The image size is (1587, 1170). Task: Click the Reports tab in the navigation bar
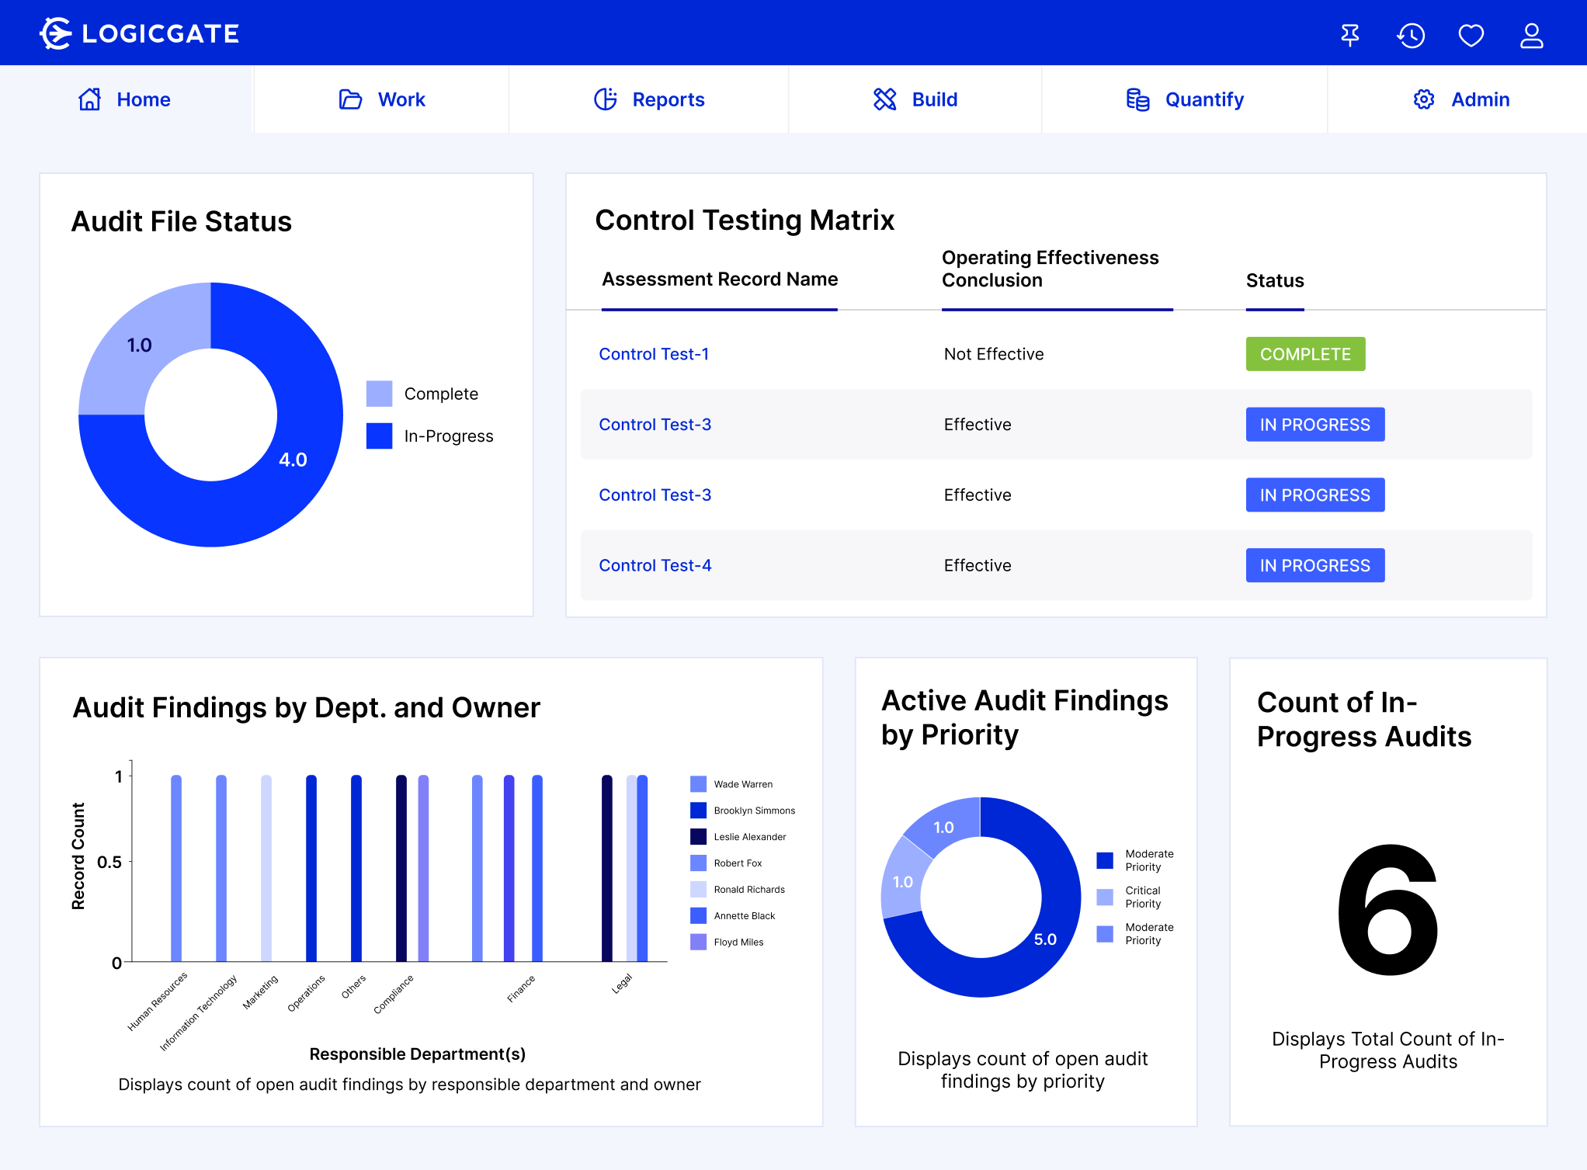coord(650,99)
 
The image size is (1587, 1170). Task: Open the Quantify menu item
coord(1185,99)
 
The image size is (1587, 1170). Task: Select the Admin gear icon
coord(1423,99)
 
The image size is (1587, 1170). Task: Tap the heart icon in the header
coord(1471,36)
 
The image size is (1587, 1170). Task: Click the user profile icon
coord(1531,36)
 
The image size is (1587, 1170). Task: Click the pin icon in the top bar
coord(1350,36)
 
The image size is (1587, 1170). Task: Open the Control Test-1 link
coord(654,354)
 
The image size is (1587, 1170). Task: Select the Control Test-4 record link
coord(655,565)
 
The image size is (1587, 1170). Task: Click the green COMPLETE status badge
coord(1305,354)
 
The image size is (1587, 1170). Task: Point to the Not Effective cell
coord(994,354)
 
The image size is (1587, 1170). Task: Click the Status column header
coord(1275,280)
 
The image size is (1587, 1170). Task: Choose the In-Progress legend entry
coord(448,436)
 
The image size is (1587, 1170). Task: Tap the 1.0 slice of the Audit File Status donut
coord(140,345)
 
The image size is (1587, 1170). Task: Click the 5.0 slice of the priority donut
coord(1044,939)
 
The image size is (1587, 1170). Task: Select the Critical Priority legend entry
coord(1142,897)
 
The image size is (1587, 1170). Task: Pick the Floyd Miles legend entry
coord(738,943)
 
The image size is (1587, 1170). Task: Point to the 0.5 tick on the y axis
coord(109,862)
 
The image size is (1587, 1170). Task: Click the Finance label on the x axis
coord(521,989)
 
